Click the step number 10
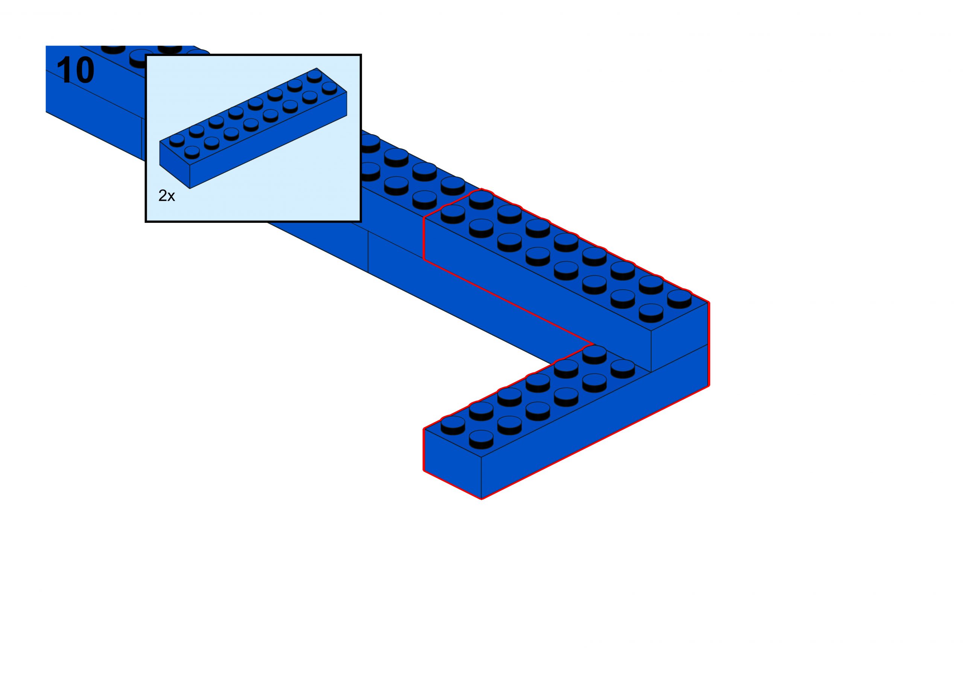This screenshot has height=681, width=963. click(76, 70)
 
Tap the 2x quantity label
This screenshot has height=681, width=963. click(167, 195)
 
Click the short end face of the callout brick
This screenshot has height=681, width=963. click(175, 165)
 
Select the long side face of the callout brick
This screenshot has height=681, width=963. click(269, 140)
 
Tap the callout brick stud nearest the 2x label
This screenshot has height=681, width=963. click(192, 152)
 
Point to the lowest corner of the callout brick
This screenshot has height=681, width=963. click(190, 188)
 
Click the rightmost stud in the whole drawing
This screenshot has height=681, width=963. click(679, 298)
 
